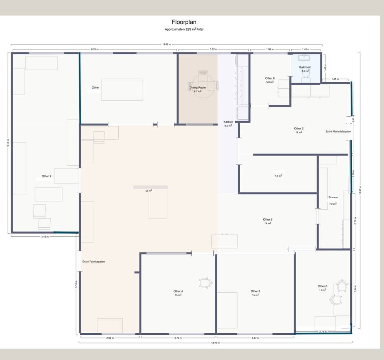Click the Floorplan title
click(184, 22)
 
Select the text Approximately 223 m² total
click(184, 30)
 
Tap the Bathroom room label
click(305, 67)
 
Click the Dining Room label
click(197, 87)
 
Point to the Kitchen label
click(228, 122)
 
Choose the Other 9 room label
click(270, 78)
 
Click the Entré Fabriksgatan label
click(94, 262)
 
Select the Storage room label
click(333, 197)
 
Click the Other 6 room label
click(322, 286)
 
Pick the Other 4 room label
click(178, 292)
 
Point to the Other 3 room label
click(255, 292)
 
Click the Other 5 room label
click(268, 220)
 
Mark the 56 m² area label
click(149, 191)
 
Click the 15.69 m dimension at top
click(167, 44)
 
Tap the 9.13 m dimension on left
click(7, 143)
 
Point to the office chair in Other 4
click(206, 282)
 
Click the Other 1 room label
click(46, 176)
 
